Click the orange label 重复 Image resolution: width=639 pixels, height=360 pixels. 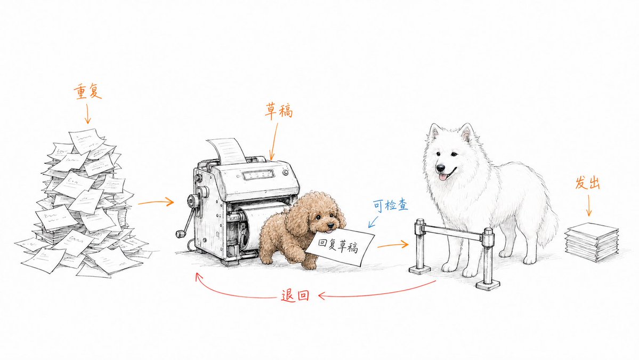(87, 91)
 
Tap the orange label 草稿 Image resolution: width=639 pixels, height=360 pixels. (279, 111)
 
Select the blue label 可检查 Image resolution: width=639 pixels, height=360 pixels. (391, 205)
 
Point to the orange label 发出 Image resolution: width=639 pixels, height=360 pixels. (587, 182)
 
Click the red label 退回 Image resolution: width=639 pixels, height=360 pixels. (295, 295)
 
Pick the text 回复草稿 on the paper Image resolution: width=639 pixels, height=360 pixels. (338, 246)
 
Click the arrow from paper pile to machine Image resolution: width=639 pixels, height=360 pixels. (156, 202)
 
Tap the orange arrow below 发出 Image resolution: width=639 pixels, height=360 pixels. (589, 205)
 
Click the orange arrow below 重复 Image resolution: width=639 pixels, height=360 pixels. (87, 114)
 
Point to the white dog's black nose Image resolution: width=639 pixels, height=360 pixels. (441, 168)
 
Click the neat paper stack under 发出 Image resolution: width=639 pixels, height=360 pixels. (592, 242)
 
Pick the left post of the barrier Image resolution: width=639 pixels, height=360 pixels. (420, 247)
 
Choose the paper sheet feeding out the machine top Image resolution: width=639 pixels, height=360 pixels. (227, 150)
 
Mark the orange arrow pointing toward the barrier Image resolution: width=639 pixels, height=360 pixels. (392, 245)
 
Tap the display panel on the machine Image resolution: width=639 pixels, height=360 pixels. (258, 175)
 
